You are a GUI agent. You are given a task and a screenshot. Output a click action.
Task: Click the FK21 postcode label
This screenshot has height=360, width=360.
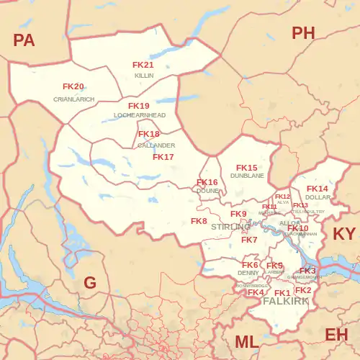(x=143, y=65)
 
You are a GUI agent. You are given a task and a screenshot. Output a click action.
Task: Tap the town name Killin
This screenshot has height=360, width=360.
(x=143, y=75)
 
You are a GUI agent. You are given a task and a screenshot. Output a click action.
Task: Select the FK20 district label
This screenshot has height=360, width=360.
(x=73, y=86)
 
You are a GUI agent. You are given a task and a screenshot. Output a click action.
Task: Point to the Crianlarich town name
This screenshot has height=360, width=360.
(x=73, y=99)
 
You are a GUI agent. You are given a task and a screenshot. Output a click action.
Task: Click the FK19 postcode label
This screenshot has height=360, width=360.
(x=139, y=106)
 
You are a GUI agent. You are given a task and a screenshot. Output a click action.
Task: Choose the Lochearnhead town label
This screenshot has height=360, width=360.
(x=140, y=115)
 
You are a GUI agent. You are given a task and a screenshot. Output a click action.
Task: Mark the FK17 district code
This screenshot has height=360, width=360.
(x=163, y=157)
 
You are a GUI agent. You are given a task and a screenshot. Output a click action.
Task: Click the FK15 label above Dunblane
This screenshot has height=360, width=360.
(x=247, y=168)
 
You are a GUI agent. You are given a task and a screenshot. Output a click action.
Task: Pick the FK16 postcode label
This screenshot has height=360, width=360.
(x=207, y=182)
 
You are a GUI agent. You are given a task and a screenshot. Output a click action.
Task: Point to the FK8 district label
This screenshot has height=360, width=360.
(x=199, y=221)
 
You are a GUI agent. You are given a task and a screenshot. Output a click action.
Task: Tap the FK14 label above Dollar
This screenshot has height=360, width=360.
(x=318, y=189)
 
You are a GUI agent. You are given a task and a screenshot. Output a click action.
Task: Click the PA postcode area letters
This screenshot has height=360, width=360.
(x=24, y=40)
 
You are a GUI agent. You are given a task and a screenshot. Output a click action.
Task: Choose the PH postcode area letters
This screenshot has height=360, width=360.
(x=303, y=32)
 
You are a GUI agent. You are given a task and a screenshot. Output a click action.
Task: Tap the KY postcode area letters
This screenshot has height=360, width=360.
(x=344, y=234)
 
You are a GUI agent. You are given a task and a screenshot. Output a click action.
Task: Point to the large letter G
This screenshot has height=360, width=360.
(x=90, y=283)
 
